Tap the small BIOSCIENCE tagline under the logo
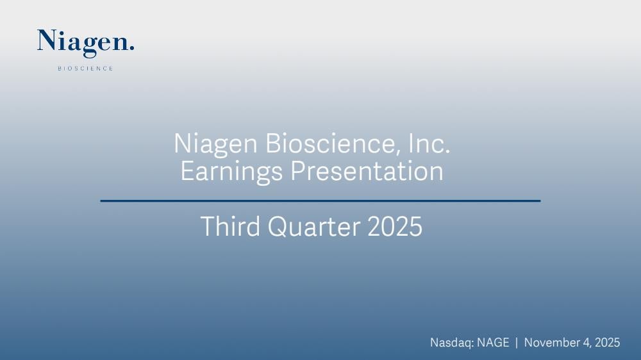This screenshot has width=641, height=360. coord(85,69)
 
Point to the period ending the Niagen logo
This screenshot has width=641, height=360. coord(131,48)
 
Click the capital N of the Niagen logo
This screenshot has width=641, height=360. coord(46,40)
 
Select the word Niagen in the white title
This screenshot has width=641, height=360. coord(215,144)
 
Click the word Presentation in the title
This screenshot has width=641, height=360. coord(367,171)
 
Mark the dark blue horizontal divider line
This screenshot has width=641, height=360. coord(320,200)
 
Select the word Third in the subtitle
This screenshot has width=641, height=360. coord(230,226)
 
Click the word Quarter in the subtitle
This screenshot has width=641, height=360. coord(314,226)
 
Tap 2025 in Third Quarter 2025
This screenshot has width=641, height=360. coord(395,226)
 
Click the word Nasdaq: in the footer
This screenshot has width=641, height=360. coord(452,343)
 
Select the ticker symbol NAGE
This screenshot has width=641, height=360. coord(494,343)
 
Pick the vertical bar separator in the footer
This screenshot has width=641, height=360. coord(517,343)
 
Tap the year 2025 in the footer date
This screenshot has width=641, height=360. coord(608,343)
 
